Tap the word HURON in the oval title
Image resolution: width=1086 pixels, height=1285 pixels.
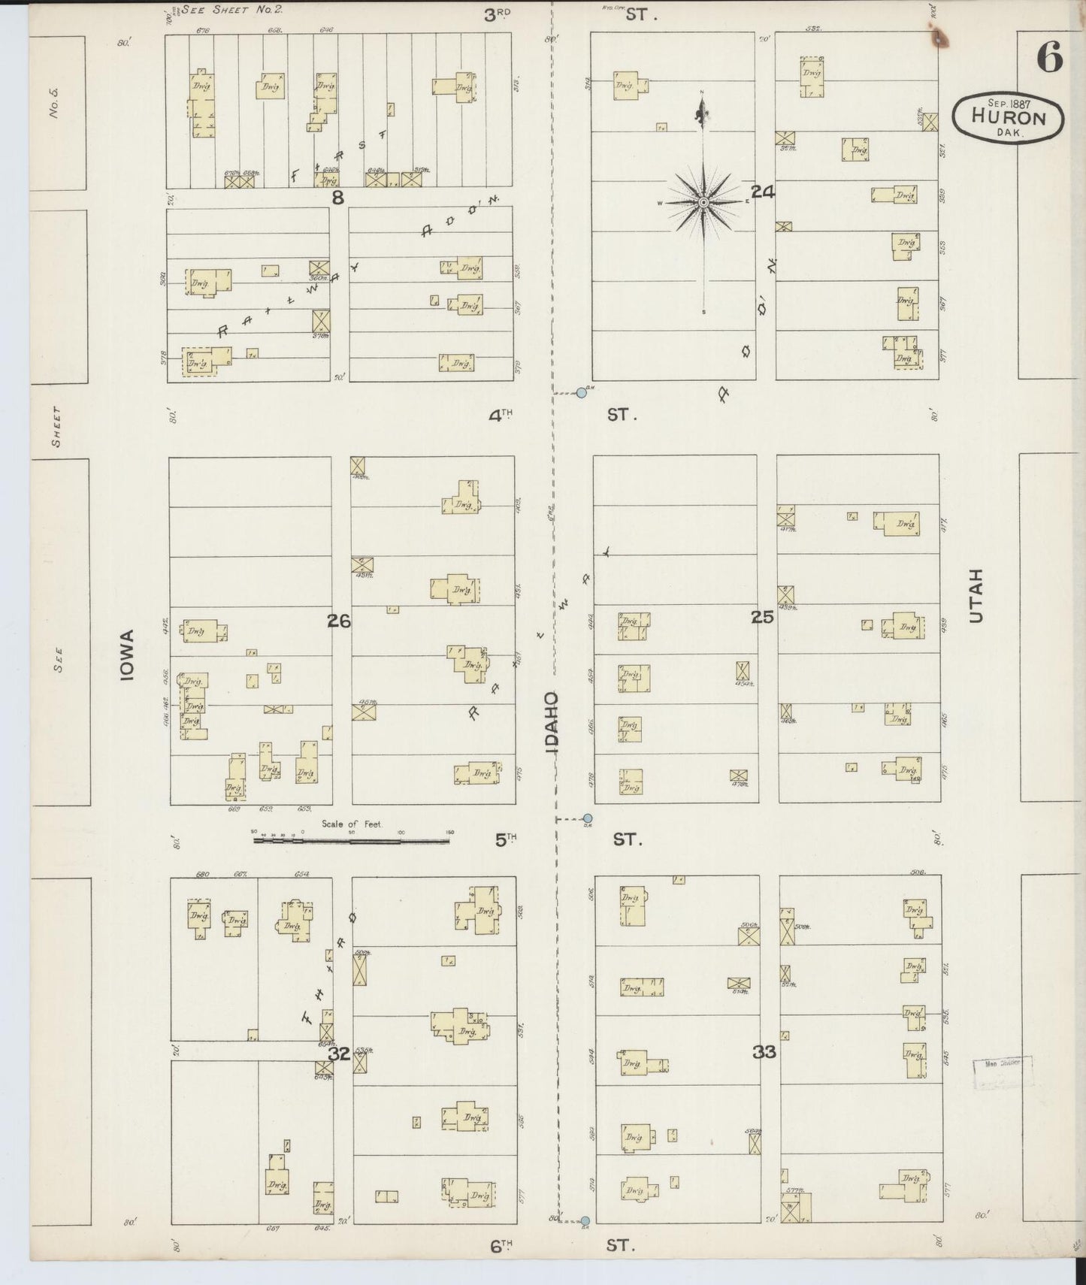1008,118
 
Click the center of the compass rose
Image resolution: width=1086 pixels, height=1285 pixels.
703,202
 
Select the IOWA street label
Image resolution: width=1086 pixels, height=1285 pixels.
127,655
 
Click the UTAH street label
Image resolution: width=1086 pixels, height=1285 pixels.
976,595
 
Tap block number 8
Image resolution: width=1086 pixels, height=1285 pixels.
337,198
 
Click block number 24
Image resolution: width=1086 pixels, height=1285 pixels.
762,192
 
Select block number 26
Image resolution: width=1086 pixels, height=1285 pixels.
338,621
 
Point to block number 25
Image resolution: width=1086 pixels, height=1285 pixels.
762,617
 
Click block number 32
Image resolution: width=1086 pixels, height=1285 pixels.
339,1054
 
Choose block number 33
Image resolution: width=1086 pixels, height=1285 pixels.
764,1052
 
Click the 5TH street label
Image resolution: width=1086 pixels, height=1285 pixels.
505,839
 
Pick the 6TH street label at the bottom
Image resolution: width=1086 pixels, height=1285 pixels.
501,1245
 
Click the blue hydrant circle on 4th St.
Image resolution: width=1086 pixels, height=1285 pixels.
581,392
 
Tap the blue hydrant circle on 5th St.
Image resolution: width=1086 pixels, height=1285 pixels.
588,818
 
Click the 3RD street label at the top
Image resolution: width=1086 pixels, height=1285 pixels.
496,14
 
